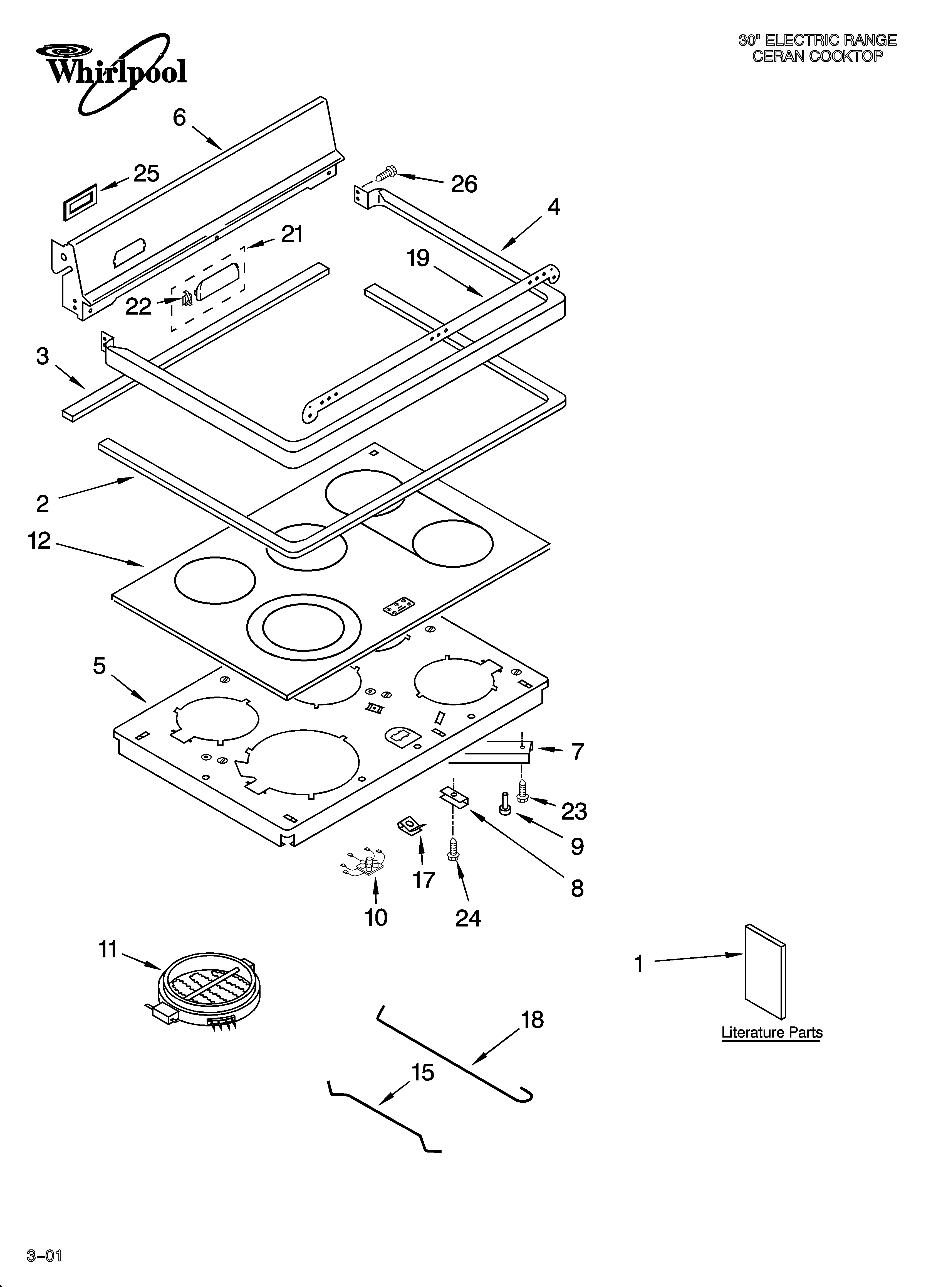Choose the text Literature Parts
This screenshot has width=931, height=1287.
click(x=772, y=1032)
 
